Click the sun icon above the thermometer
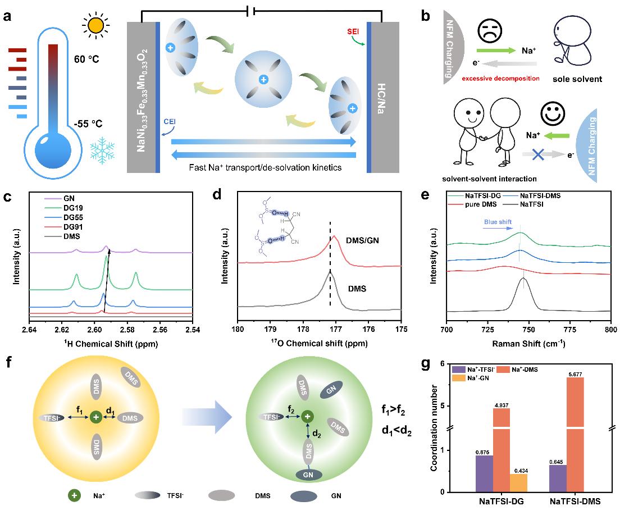95,26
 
